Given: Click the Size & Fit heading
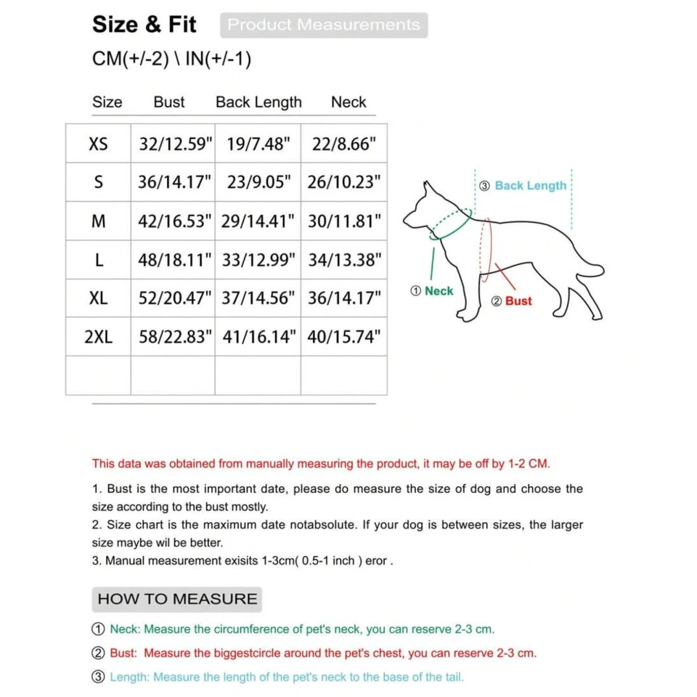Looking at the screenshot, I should click(144, 25).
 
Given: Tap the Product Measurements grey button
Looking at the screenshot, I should click(324, 25).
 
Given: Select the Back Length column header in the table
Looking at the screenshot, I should click(258, 102).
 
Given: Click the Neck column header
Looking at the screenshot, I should click(348, 102).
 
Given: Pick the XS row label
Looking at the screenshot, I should click(98, 144).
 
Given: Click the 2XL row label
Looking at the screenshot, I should click(98, 337).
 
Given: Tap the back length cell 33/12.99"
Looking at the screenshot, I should click(258, 260).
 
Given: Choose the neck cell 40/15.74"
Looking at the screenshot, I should click(343, 337).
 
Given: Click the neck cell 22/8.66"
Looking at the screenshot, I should click(343, 144).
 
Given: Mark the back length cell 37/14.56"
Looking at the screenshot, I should click(258, 298).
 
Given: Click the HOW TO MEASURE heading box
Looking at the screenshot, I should click(177, 599).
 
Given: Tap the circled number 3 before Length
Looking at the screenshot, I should click(99, 677).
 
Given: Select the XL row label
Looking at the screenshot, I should click(98, 298).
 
